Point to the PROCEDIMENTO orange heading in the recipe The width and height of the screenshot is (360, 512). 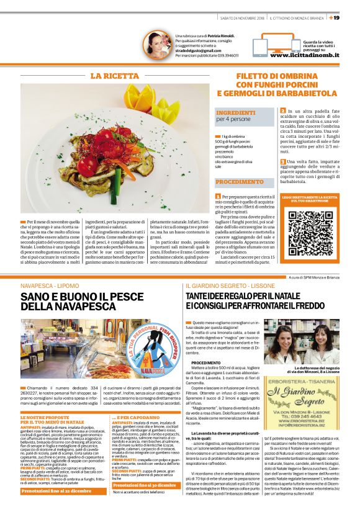point(240,182)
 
